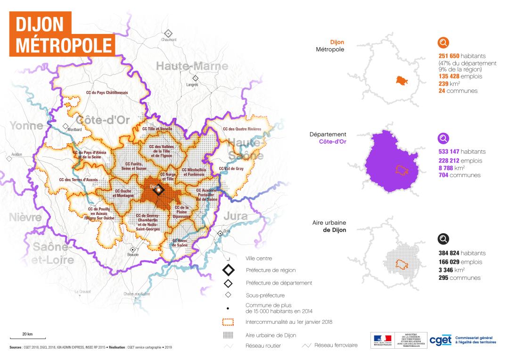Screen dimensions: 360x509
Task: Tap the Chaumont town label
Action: click(x=169, y=40)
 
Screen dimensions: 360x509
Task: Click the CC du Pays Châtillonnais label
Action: click(x=107, y=93)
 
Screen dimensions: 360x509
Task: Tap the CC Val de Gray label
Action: click(x=230, y=168)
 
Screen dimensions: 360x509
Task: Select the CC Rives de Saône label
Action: click(x=180, y=243)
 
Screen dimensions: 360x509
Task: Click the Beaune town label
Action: click(x=133, y=255)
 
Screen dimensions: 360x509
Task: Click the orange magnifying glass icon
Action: click(x=443, y=43)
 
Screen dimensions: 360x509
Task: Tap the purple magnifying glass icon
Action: click(x=443, y=139)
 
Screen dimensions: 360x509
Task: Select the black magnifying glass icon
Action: click(x=443, y=239)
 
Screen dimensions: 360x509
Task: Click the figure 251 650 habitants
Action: click(x=462, y=56)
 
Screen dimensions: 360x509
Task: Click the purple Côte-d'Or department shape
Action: click(x=391, y=160)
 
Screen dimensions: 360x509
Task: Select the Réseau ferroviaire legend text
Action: click(x=336, y=345)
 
